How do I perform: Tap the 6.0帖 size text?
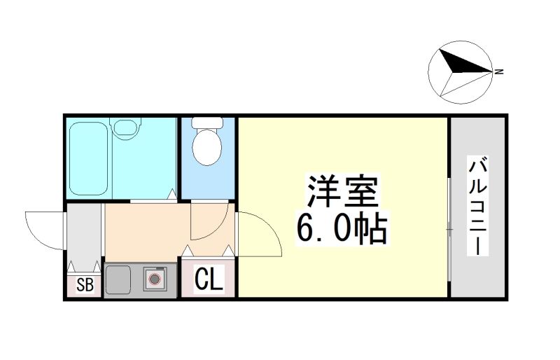[x=342, y=229]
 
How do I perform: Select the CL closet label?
[x=209, y=279]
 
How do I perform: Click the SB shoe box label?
[x=85, y=285]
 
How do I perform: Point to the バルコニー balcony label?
[x=478, y=207]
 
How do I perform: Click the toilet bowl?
[x=207, y=147]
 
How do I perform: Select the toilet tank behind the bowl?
[x=207, y=123]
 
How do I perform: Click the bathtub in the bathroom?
[x=89, y=159]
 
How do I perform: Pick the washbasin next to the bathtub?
[x=125, y=127]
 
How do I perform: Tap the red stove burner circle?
[x=154, y=279]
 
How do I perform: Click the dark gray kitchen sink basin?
[x=118, y=280]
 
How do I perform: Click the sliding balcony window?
[x=449, y=229]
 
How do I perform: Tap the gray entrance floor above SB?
[x=84, y=236]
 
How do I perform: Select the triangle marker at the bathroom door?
[x=172, y=194]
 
